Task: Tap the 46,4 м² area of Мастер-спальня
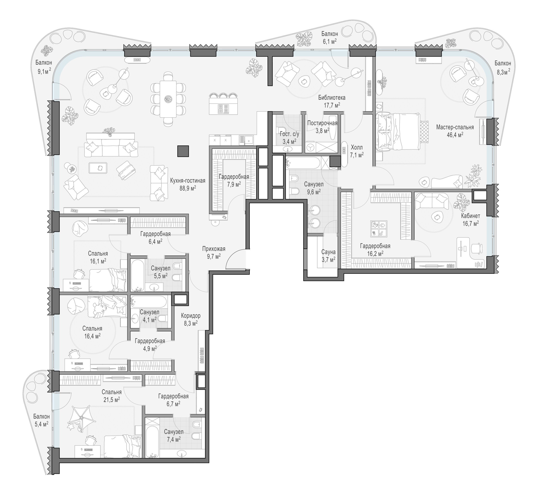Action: [x=455, y=135]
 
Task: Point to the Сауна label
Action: [x=328, y=252]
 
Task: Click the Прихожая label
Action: [x=214, y=249]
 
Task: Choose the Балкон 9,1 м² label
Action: [x=44, y=67]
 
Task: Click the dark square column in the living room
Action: [x=183, y=151]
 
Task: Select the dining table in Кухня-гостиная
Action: [x=168, y=99]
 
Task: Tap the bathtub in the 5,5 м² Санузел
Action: [x=137, y=275]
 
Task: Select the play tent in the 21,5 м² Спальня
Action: [x=82, y=415]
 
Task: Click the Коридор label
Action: [x=191, y=316]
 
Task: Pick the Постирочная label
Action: [x=322, y=123]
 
